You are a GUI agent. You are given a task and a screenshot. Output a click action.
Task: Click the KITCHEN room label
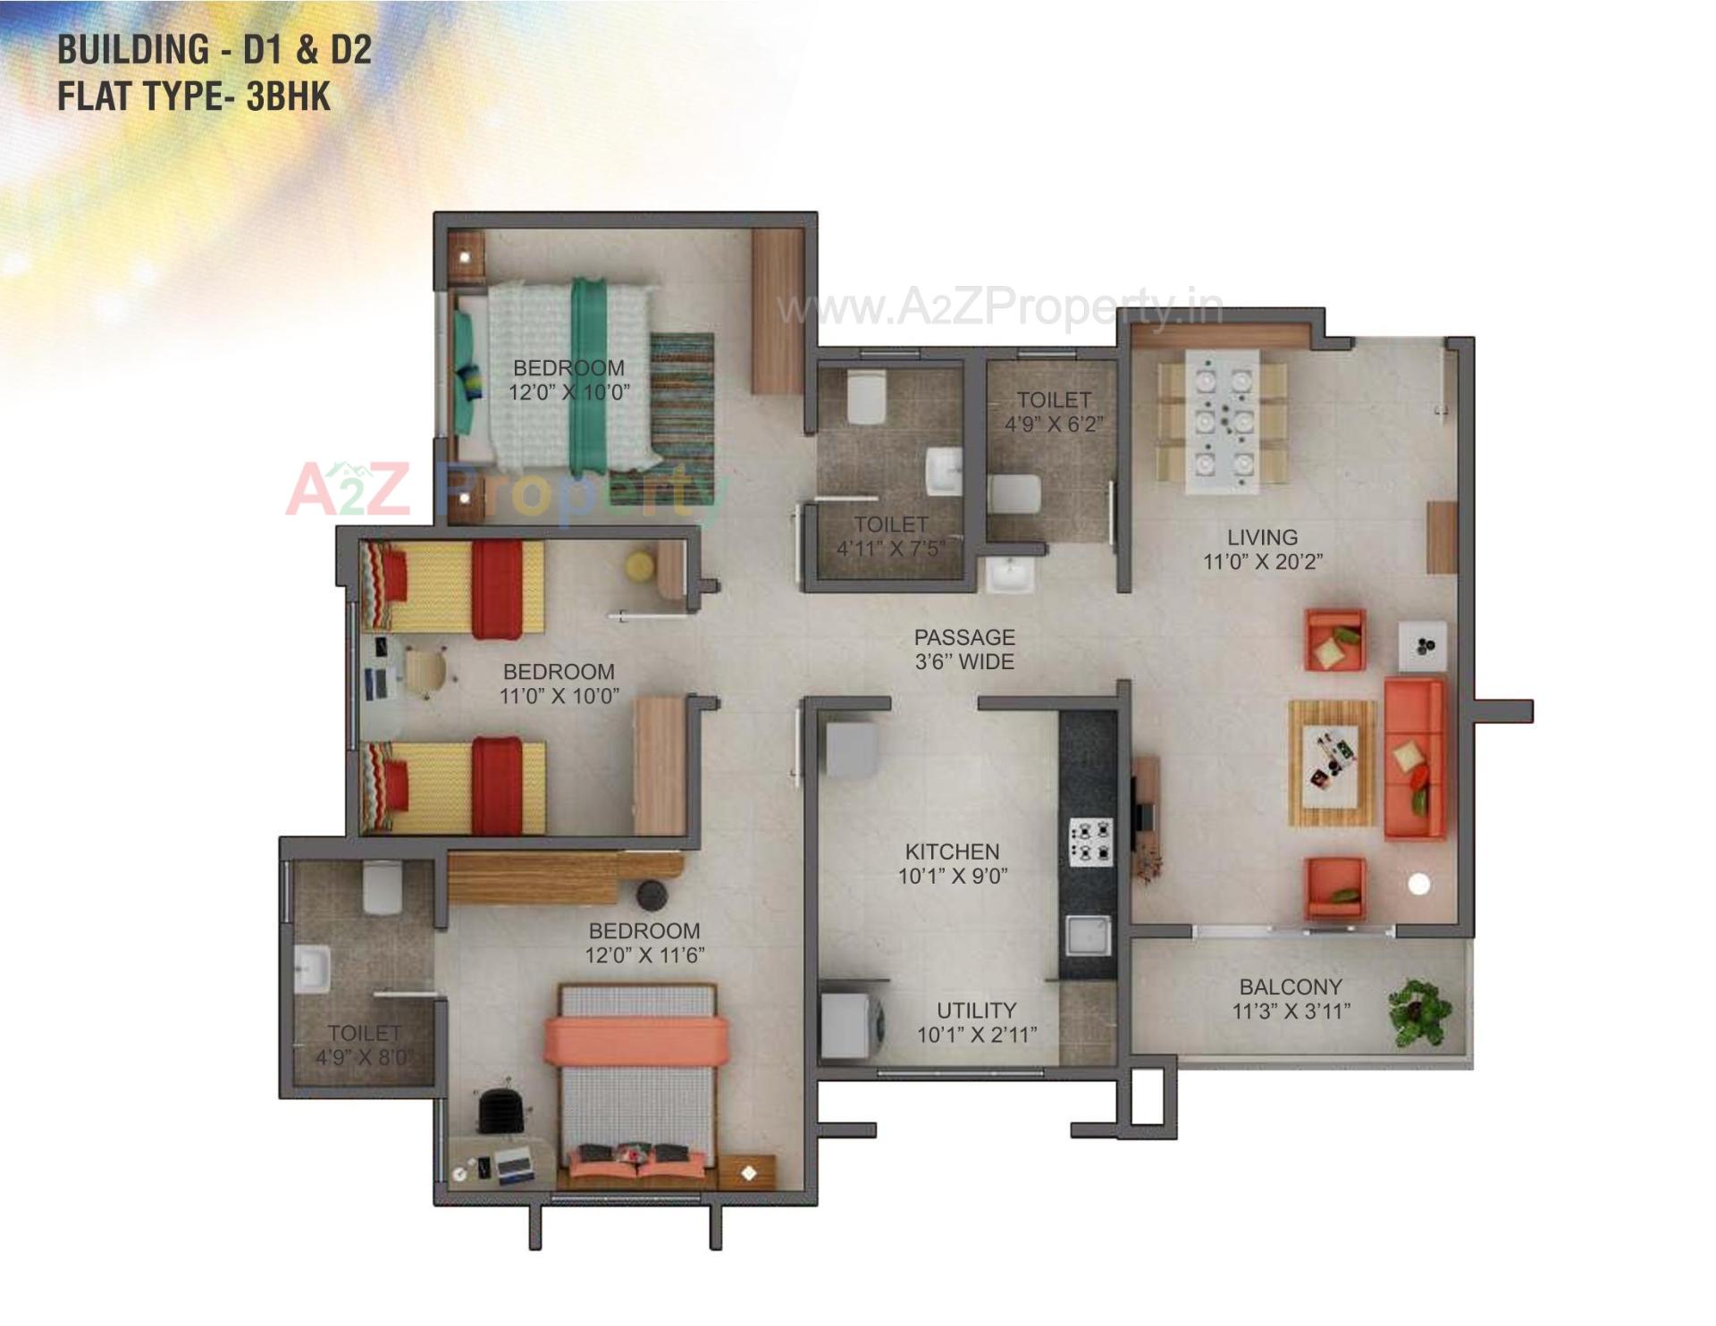pyautogui.click(x=952, y=852)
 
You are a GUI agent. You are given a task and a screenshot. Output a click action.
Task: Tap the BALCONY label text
pyautogui.click(x=1291, y=987)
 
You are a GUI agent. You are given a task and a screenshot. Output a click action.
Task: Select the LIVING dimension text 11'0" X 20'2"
pyautogui.click(x=1263, y=562)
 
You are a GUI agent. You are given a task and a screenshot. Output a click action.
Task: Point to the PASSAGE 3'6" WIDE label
pyautogui.click(x=964, y=650)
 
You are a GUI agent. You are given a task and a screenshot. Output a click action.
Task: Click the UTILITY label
pyautogui.click(x=976, y=1011)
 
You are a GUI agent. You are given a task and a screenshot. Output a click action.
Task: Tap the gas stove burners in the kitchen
pyautogui.click(x=1090, y=842)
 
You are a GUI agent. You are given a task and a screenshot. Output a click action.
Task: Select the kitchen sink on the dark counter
pyautogui.click(x=1088, y=935)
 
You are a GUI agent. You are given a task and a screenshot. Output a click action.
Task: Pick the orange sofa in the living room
pyautogui.click(x=1414, y=760)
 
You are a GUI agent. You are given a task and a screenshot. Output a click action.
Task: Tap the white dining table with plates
pyautogui.click(x=1223, y=421)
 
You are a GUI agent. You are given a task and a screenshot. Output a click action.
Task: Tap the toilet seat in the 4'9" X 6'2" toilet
pyautogui.click(x=1014, y=494)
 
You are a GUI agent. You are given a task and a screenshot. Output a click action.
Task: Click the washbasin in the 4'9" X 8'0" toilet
pyautogui.click(x=313, y=968)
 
